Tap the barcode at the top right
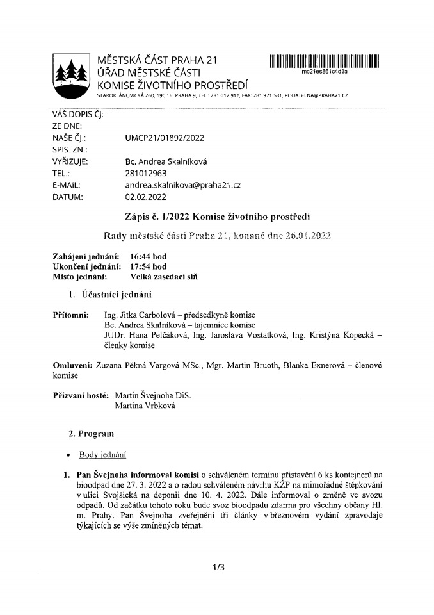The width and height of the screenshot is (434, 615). (325, 61)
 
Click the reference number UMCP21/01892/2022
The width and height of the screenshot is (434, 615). (165, 138)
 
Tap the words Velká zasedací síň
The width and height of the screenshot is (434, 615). (164, 277)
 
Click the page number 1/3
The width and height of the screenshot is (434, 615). (217, 567)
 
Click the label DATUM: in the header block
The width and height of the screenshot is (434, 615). (67, 197)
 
